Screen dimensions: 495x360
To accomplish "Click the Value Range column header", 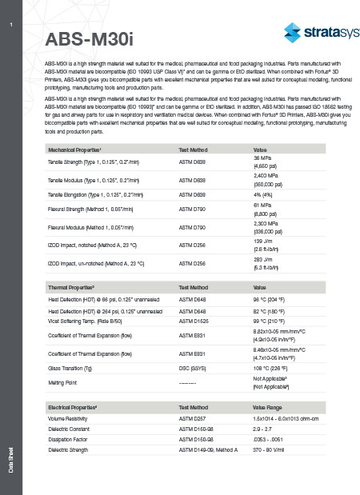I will pyautogui.click(x=271, y=407).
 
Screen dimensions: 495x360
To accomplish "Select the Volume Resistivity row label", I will pyautogui.click(x=70, y=418).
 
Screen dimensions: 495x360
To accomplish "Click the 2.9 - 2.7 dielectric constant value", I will pyautogui.click(x=265, y=429).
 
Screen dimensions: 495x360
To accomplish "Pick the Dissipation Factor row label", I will pyautogui.click(x=70, y=440).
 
